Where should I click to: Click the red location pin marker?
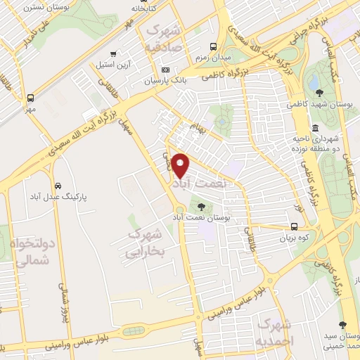coord(181,165)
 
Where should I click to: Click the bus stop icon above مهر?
coord(30,98)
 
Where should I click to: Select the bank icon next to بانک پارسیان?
coord(165,70)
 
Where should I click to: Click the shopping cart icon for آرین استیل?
coord(113,53)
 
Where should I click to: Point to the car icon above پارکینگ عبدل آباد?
coord(57,186)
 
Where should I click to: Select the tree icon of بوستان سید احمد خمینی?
coord(342,325)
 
